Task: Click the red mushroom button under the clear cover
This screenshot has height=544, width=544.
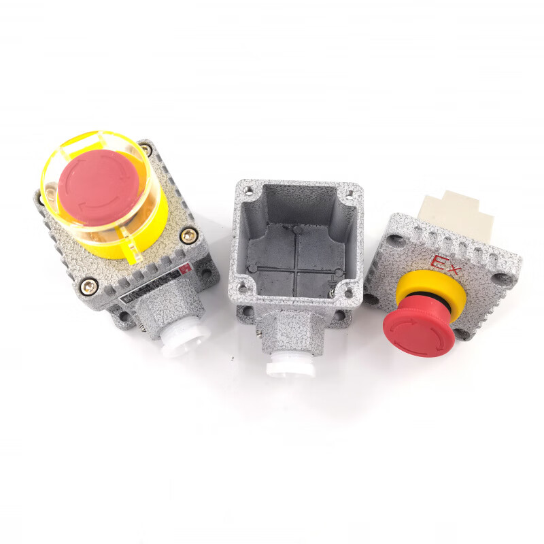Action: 99,187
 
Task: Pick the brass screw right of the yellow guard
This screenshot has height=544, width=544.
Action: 186,237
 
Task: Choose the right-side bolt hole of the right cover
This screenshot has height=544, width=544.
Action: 505,278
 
